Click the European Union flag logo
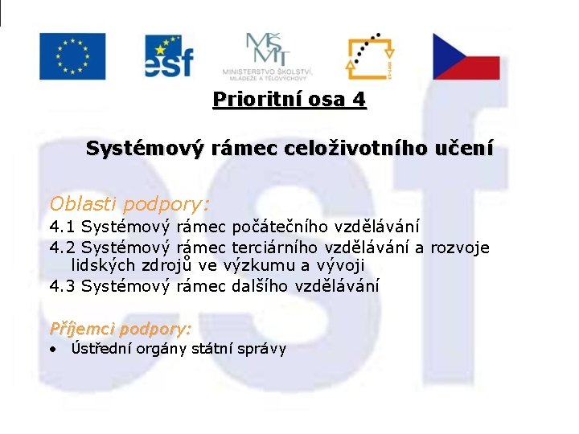coord(72,56)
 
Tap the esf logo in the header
coord(169,55)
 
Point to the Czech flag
coord(466,56)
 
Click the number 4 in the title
coord(359,100)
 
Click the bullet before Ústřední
coord(52,350)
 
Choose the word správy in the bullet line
coord(263,350)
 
